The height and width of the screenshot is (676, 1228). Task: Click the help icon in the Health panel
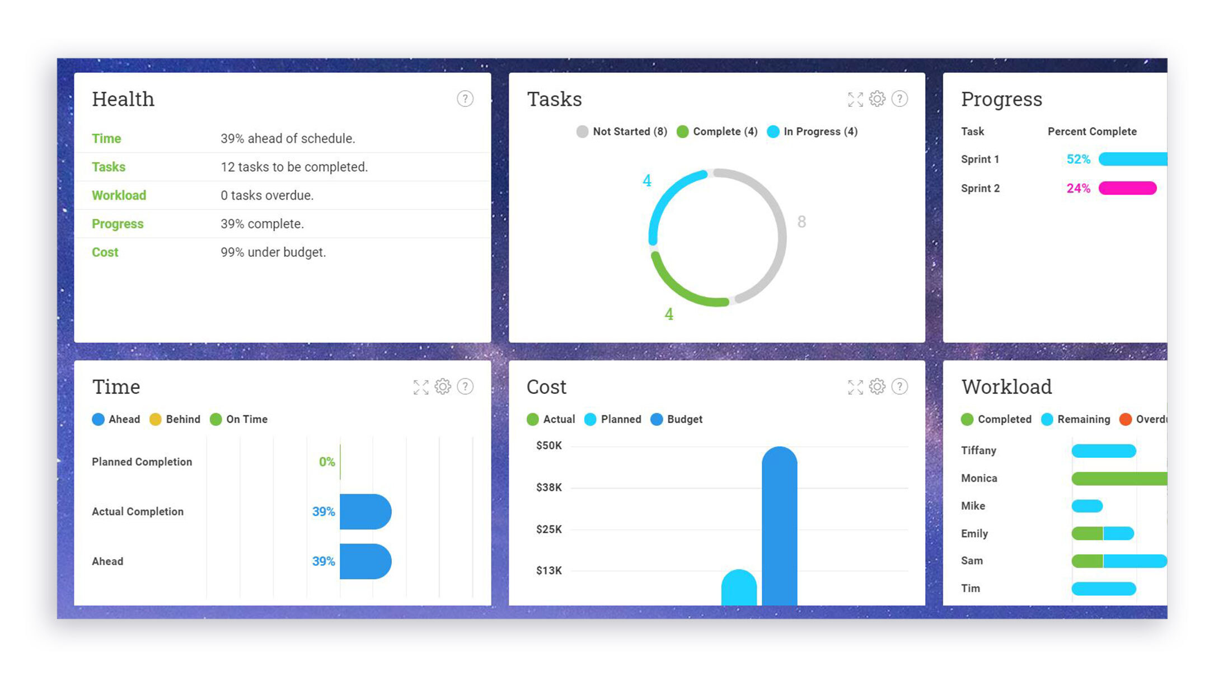[x=465, y=99]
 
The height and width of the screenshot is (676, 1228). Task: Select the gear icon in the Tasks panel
[x=877, y=99]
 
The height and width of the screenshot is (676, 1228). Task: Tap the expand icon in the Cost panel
[x=855, y=387]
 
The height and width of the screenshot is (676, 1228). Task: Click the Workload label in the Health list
[x=119, y=195]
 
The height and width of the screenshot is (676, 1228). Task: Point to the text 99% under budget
[x=273, y=252]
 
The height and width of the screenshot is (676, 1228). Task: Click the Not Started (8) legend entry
[x=622, y=132]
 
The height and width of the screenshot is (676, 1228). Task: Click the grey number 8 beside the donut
[x=802, y=222]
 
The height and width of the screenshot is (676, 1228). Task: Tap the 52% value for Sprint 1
[x=1078, y=159]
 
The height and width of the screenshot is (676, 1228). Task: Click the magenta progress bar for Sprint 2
[x=1127, y=188]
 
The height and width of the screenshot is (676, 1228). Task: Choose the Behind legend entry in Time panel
[x=175, y=419]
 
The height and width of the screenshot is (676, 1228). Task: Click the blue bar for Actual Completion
[x=365, y=511]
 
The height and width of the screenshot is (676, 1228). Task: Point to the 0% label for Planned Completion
[x=327, y=462]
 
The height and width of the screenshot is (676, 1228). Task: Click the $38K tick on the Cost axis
[x=549, y=487]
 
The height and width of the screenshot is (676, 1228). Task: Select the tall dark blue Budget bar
[x=779, y=526]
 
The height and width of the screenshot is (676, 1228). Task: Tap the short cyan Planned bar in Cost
[x=739, y=588]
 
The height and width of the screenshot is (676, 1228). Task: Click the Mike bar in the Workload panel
[x=1087, y=506]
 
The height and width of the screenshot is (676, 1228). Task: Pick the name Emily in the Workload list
[x=974, y=533]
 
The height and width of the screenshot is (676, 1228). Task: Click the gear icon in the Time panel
[x=443, y=387]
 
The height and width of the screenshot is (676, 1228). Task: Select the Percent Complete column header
[x=1092, y=132]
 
